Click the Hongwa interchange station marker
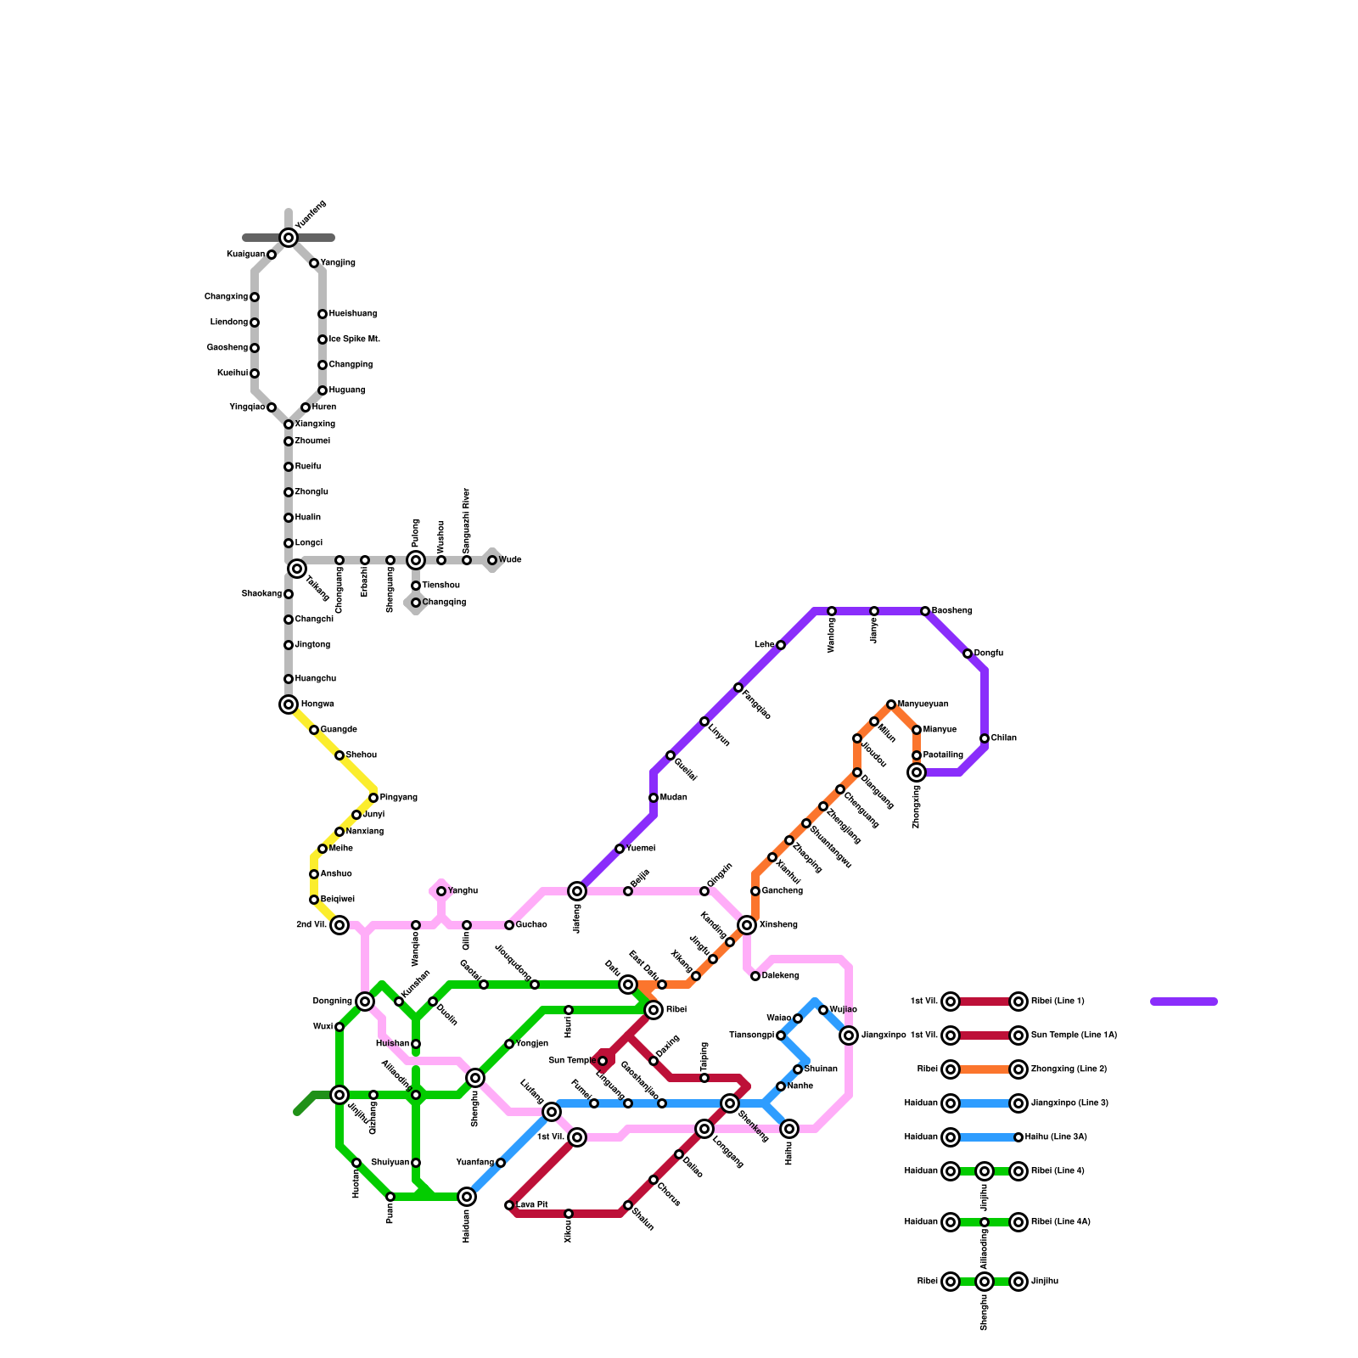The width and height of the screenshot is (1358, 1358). click(289, 704)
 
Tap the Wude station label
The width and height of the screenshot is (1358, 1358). click(510, 560)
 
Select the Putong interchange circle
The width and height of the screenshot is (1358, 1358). click(416, 560)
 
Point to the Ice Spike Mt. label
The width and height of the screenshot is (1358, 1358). click(354, 339)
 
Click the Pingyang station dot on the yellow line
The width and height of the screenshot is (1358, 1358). click(373, 798)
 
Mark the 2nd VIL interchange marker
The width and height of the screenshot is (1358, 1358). click(339, 925)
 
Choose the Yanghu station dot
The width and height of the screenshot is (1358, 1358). click(441, 891)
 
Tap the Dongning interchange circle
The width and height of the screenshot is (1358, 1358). click(365, 1002)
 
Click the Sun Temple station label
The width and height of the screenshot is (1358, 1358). click(570, 1061)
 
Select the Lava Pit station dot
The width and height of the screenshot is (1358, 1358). click(509, 1205)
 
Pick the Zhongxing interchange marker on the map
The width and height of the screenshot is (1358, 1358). click(917, 772)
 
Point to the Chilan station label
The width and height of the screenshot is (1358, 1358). click(1003, 738)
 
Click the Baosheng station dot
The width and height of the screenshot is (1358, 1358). click(925, 611)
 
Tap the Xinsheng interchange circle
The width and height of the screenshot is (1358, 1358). click(747, 925)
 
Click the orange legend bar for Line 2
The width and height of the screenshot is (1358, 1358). click(985, 1069)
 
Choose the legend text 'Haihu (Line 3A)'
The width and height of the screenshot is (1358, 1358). click(1056, 1137)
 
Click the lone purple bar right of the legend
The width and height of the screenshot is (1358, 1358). click(1184, 1002)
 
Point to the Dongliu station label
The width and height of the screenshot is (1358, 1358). click(989, 654)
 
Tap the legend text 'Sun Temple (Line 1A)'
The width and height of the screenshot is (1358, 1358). click(1074, 1035)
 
